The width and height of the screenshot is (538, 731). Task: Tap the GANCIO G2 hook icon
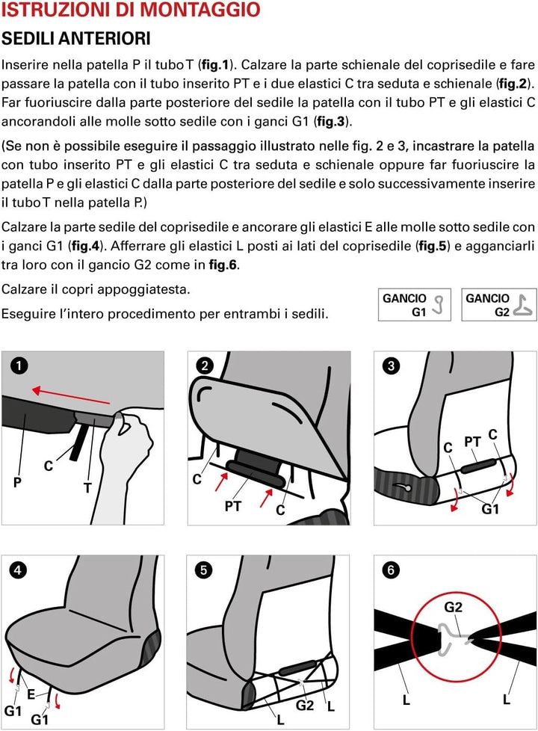523,306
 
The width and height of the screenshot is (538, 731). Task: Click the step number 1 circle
19,365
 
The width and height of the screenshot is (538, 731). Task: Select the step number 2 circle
205,365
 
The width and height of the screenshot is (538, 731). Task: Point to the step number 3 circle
391,365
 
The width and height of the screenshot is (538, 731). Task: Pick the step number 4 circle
18,570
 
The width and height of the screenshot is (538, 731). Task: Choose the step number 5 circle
203,570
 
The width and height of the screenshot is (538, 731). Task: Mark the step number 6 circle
391,570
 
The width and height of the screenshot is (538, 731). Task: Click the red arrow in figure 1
71,395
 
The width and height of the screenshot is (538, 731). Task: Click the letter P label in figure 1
17,481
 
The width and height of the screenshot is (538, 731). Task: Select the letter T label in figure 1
87,487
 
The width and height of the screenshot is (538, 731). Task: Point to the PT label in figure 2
232,506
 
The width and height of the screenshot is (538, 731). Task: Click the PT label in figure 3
472,441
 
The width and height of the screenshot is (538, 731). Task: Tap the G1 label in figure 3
490,508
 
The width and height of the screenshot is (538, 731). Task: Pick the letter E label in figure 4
31,694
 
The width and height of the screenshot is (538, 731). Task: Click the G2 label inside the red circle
453,607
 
